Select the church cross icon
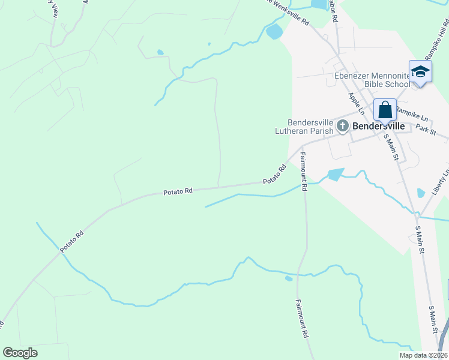pyautogui.click(x=343, y=126)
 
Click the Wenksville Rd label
pyautogui.click(x=290, y=13)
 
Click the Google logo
pyautogui.click(x=20, y=353)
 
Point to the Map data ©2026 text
pyautogui.click(x=423, y=355)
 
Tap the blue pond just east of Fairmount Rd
pyautogui.click(x=336, y=175)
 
